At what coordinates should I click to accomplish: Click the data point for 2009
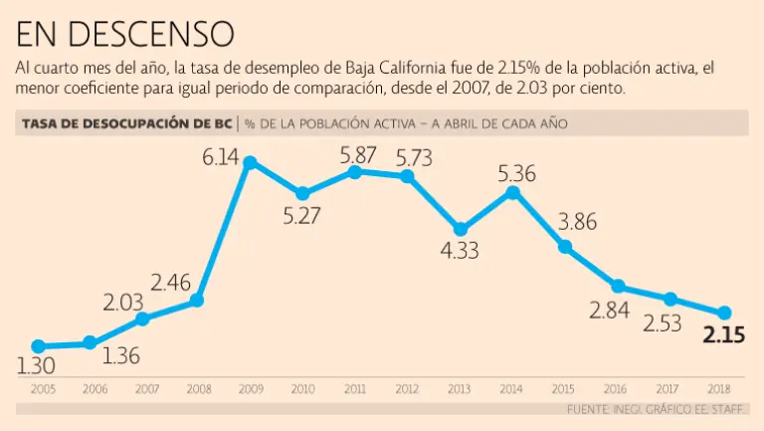pyautogui.click(x=250, y=162)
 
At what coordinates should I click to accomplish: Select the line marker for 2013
pyautogui.click(x=461, y=229)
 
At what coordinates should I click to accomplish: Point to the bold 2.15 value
pyautogui.click(x=724, y=335)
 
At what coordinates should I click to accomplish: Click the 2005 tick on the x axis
pyautogui.click(x=42, y=388)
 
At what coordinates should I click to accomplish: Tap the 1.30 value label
pyautogui.click(x=36, y=365)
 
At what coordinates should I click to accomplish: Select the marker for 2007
pyautogui.click(x=143, y=319)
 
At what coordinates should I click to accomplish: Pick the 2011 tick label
pyautogui.click(x=355, y=388)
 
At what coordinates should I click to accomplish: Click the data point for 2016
pyautogui.click(x=618, y=287)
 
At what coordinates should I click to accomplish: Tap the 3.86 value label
pyautogui.click(x=577, y=222)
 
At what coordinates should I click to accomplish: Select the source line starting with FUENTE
pyautogui.click(x=657, y=409)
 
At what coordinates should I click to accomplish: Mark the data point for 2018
pyautogui.click(x=724, y=313)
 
